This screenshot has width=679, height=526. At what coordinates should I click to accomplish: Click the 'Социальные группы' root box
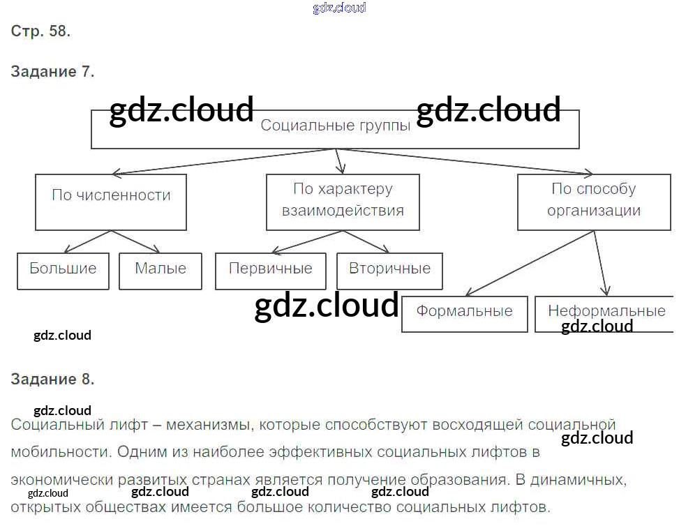click(x=335, y=129)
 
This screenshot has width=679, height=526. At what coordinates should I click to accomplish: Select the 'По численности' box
click(x=111, y=202)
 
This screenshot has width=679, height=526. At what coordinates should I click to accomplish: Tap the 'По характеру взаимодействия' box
click(x=343, y=202)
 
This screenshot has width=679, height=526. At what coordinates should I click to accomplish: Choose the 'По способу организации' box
click(x=594, y=202)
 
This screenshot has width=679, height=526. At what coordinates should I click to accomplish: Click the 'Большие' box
click(x=63, y=271)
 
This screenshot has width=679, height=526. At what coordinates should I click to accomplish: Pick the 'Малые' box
click(x=161, y=271)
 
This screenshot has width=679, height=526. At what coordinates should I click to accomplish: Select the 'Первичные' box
click(x=271, y=271)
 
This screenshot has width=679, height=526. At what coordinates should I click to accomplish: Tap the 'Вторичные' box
click(x=389, y=271)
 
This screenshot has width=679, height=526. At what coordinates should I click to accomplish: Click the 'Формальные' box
click(x=464, y=313)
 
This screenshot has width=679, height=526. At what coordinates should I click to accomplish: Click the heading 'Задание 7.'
click(x=52, y=71)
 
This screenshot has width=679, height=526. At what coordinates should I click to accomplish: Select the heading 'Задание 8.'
click(x=52, y=380)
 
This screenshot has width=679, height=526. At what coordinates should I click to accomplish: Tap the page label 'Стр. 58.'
click(x=40, y=31)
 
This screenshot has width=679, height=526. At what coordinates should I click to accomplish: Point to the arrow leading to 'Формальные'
click(x=530, y=262)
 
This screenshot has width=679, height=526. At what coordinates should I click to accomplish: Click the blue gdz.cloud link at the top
click(x=339, y=8)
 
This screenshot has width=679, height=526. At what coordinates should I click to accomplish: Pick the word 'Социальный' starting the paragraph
click(x=53, y=425)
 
